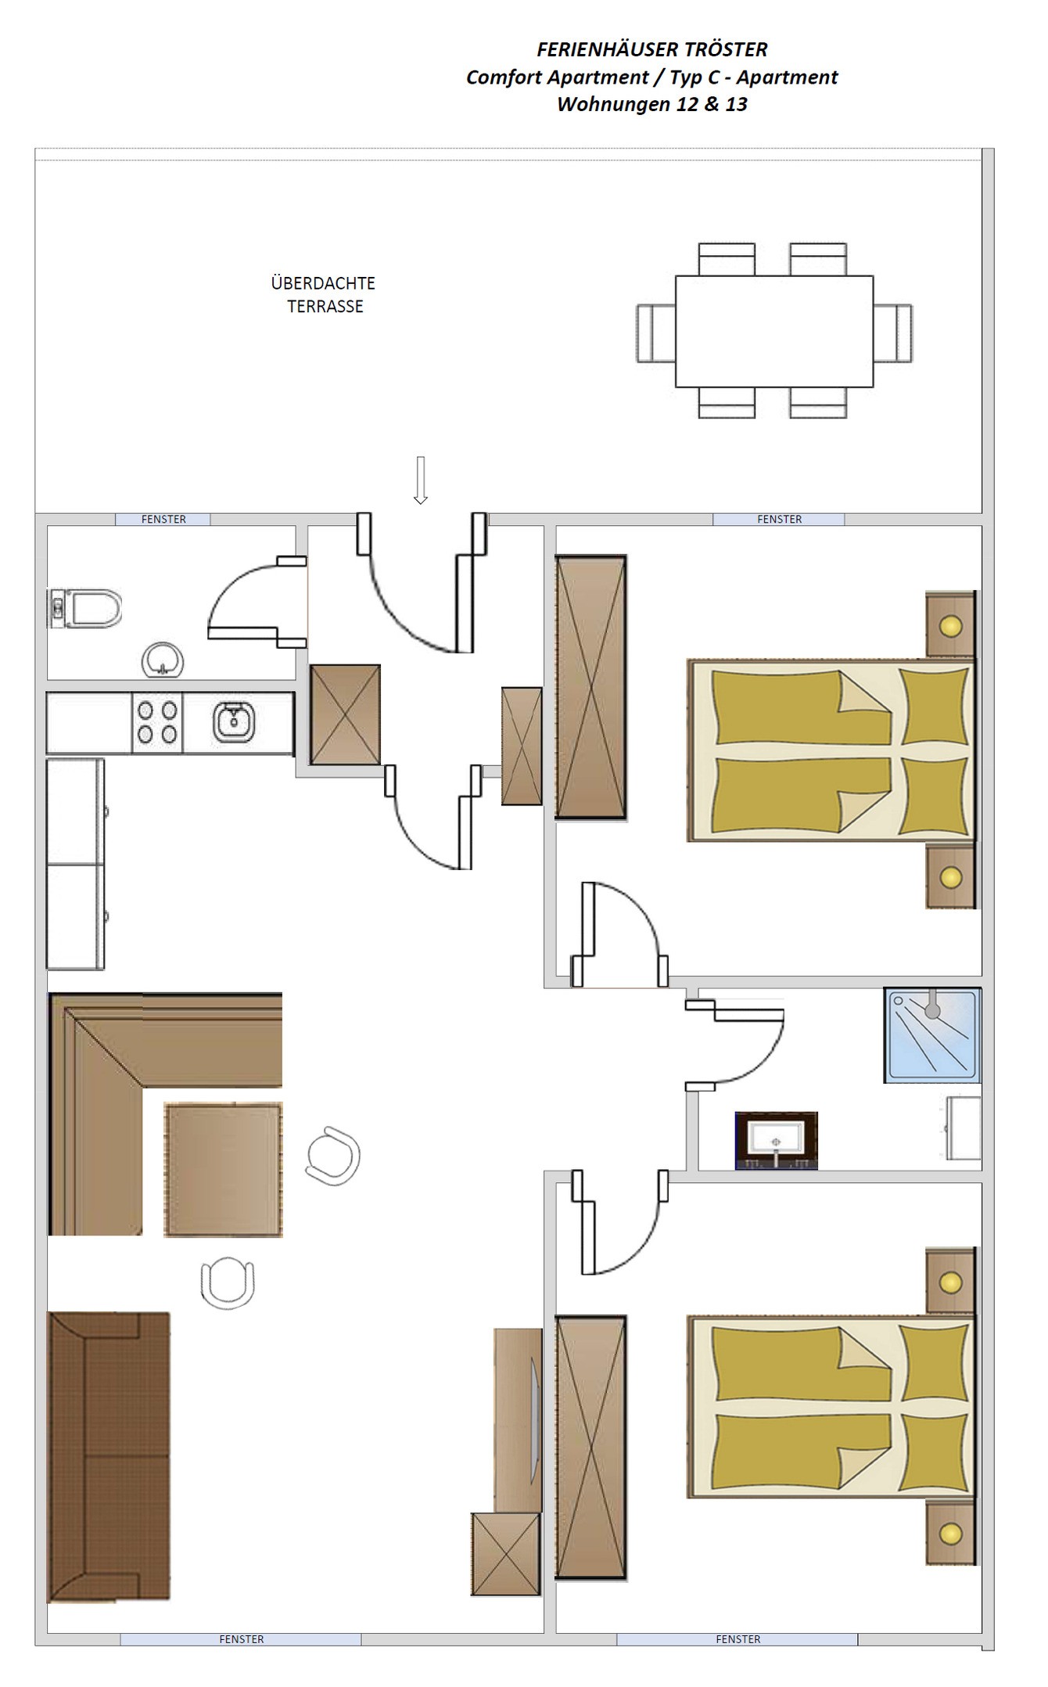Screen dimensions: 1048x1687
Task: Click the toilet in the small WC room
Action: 85,608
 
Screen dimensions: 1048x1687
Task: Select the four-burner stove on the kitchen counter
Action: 157,722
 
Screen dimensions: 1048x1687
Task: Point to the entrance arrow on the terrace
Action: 421,480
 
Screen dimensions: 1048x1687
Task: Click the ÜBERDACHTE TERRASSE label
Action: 324,294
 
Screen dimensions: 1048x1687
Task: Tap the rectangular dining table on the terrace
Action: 774,331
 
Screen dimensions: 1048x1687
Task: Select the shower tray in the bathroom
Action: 932,1035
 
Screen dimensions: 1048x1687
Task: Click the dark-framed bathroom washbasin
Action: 777,1141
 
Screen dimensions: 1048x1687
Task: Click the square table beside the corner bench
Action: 223,1170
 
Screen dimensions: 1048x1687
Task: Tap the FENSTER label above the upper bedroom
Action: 779,519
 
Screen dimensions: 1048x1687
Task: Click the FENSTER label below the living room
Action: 241,1638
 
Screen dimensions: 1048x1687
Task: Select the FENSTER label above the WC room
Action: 163,519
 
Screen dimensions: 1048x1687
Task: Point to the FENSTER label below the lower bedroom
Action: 738,1638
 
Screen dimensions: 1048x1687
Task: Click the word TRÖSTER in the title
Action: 726,49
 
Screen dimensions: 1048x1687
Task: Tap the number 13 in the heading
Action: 736,104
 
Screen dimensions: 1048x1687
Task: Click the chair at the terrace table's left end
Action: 656,333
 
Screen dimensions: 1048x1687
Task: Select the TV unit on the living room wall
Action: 518,1420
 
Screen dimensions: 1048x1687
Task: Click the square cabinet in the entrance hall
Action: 346,714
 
